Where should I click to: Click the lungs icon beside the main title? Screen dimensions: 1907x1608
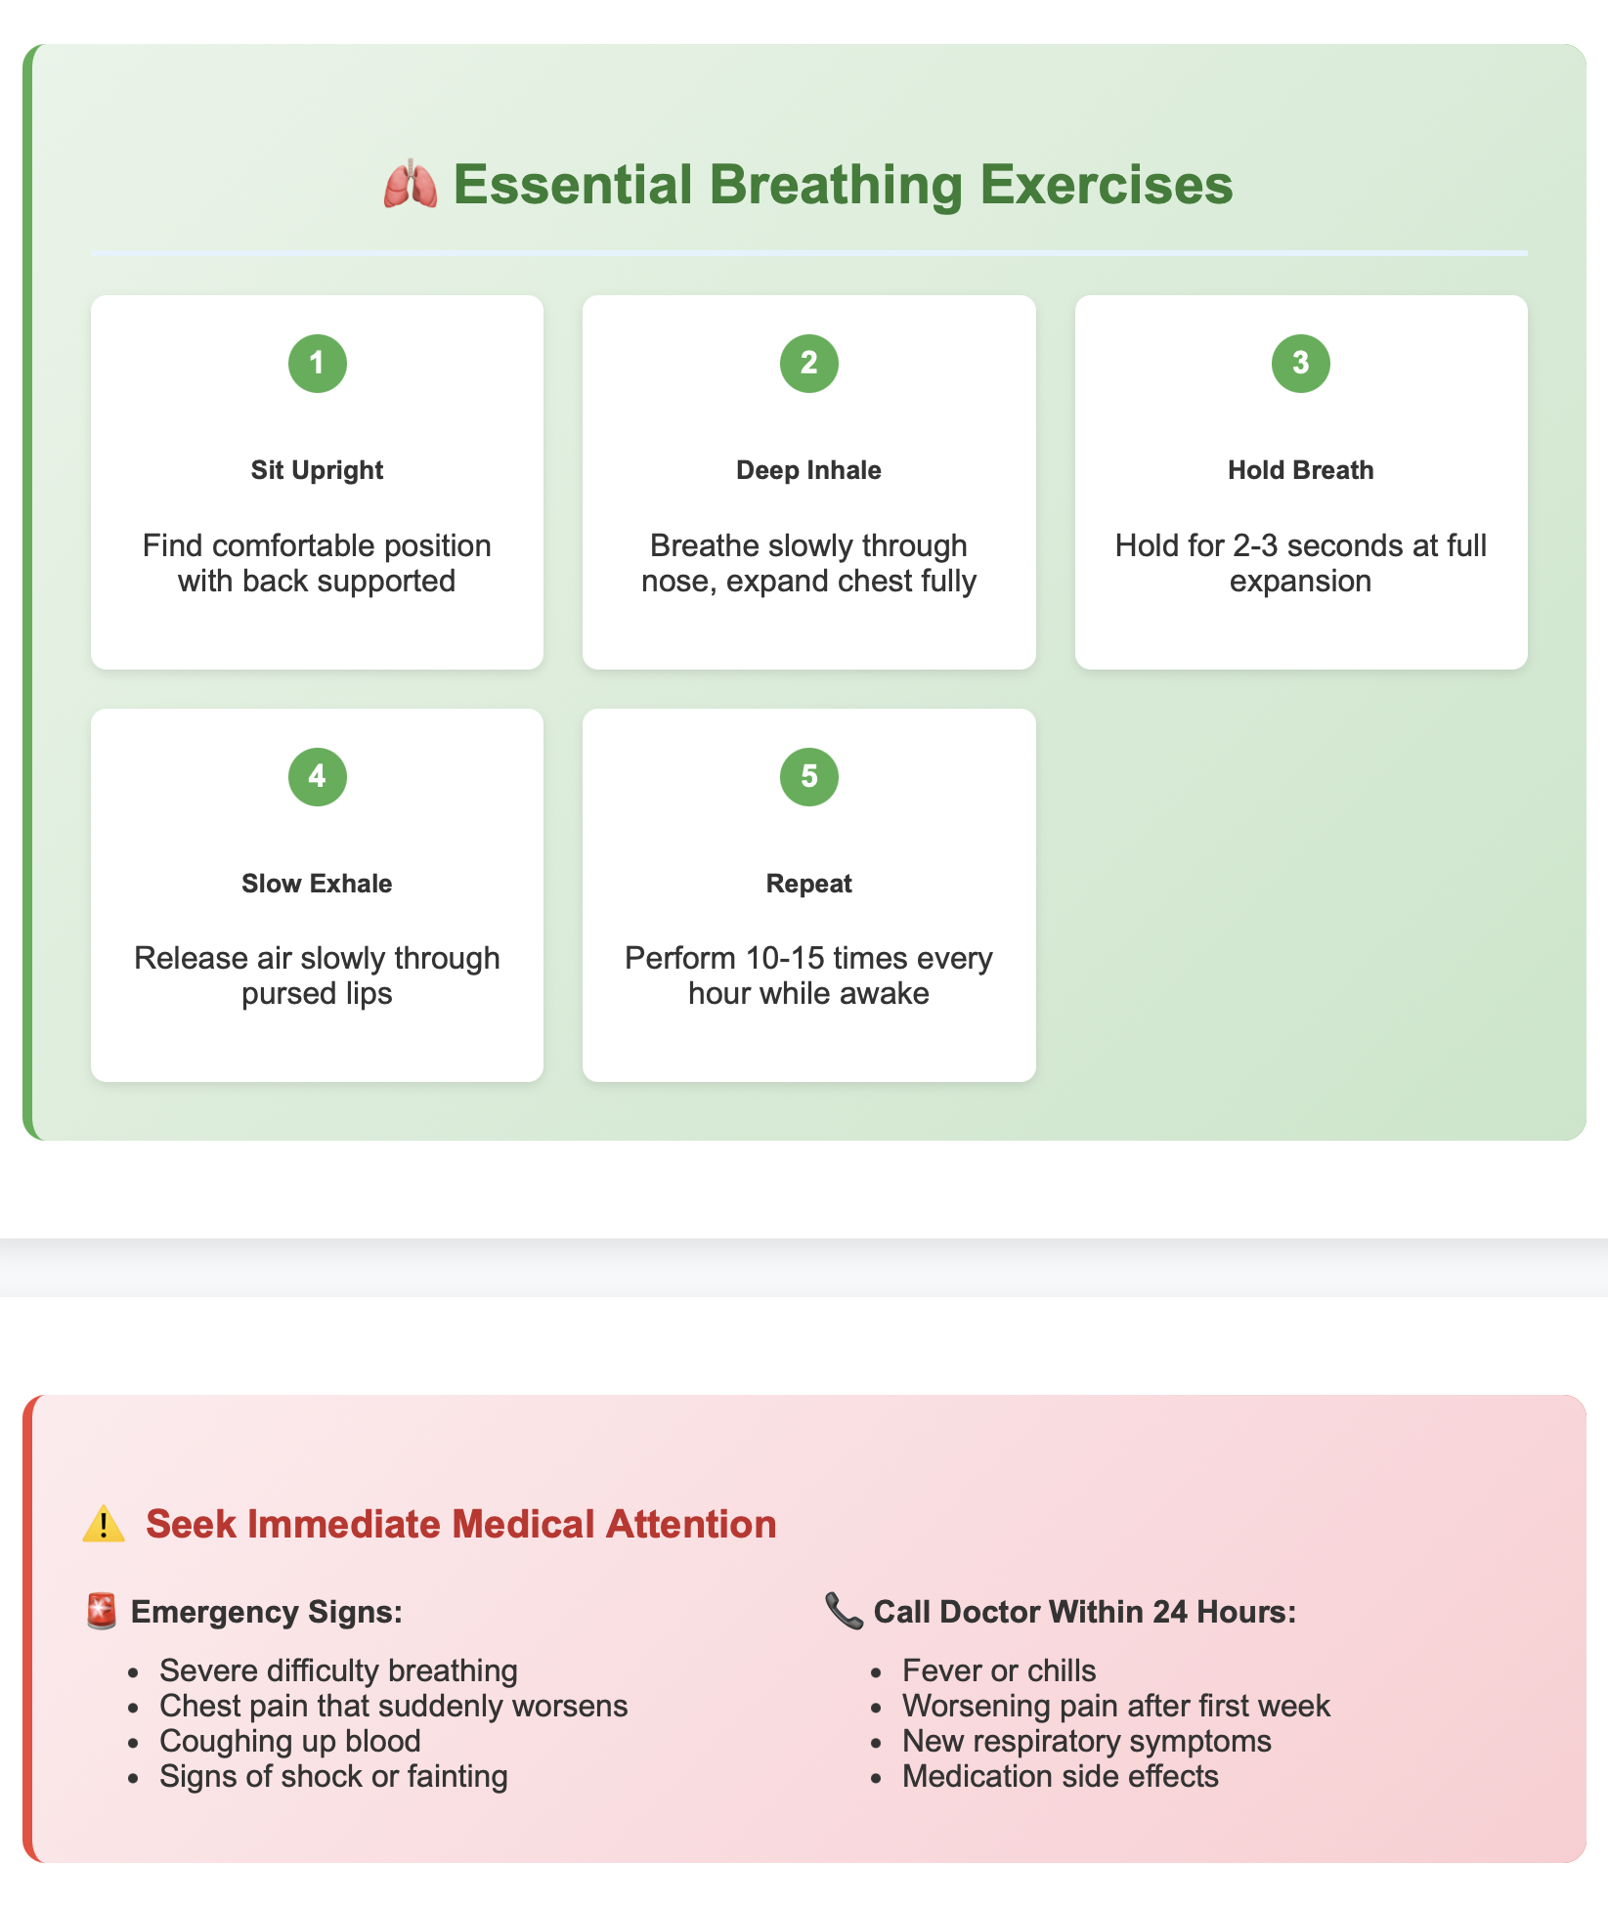pos(410,185)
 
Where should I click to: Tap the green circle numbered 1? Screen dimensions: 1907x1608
pos(317,364)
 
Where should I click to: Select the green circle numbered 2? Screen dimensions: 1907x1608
pos(808,364)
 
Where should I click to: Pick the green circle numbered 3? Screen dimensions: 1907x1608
pos(1300,364)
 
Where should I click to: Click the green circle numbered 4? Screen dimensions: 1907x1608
pos(317,777)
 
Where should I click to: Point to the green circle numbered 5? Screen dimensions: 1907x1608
pos(808,777)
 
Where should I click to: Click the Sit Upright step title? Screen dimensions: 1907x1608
pos(317,470)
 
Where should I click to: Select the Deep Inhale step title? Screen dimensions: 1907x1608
pos(808,470)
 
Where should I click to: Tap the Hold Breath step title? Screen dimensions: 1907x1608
pos(1300,470)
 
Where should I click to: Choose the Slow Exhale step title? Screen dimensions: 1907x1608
pos(317,884)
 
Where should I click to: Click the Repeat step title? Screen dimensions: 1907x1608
pos(808,884)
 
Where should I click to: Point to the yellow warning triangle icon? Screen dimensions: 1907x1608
pos(104,1525)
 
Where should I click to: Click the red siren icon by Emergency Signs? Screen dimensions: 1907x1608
pos(102,1611)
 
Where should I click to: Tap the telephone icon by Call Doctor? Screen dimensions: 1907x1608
pos(844,1611)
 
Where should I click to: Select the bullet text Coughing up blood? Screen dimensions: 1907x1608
pos(290,1741)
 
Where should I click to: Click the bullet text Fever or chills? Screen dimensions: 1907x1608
pos(999,1670)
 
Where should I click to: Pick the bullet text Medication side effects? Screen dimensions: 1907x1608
pos(1061,1776)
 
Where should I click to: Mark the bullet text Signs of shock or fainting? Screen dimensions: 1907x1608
pos(333,1776)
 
